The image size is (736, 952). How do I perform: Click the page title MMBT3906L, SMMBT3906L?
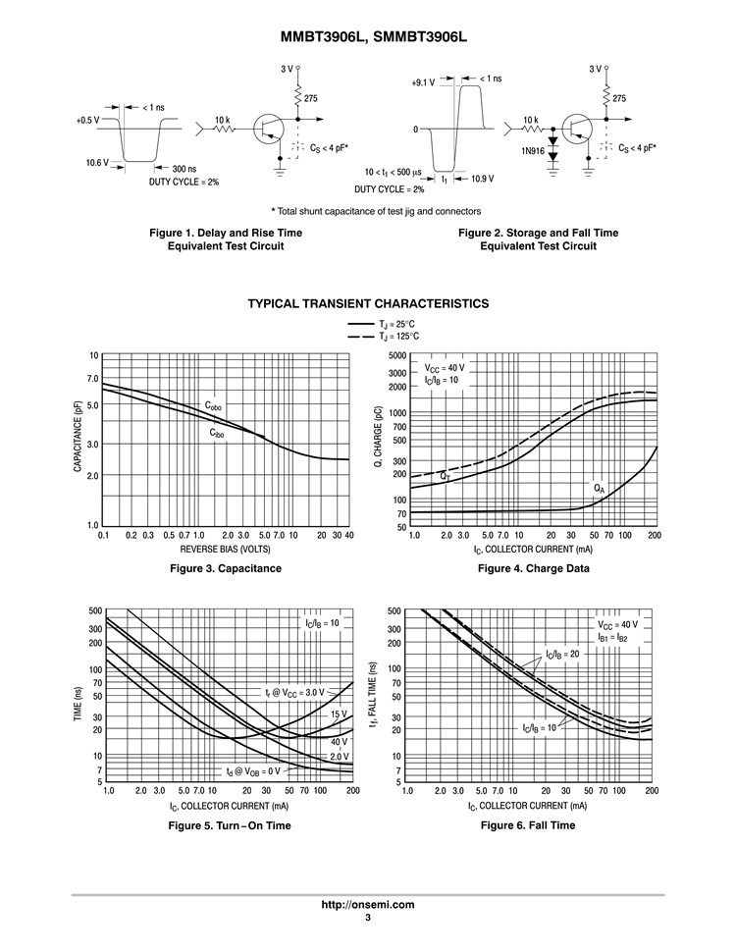367,36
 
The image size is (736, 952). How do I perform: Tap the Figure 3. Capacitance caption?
226,568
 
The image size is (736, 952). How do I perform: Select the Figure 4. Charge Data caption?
533,568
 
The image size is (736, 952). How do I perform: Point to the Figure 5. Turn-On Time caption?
231,825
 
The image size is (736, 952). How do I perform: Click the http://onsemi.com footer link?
368,905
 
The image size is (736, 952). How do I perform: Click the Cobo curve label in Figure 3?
214,405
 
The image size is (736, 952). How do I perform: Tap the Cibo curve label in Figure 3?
217,432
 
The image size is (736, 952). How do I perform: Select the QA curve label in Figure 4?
599,488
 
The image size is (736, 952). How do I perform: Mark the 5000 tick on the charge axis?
396,355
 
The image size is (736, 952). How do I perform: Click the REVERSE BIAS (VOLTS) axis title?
226,550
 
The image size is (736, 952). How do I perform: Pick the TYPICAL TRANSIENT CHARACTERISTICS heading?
368,304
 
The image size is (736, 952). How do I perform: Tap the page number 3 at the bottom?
368,918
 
